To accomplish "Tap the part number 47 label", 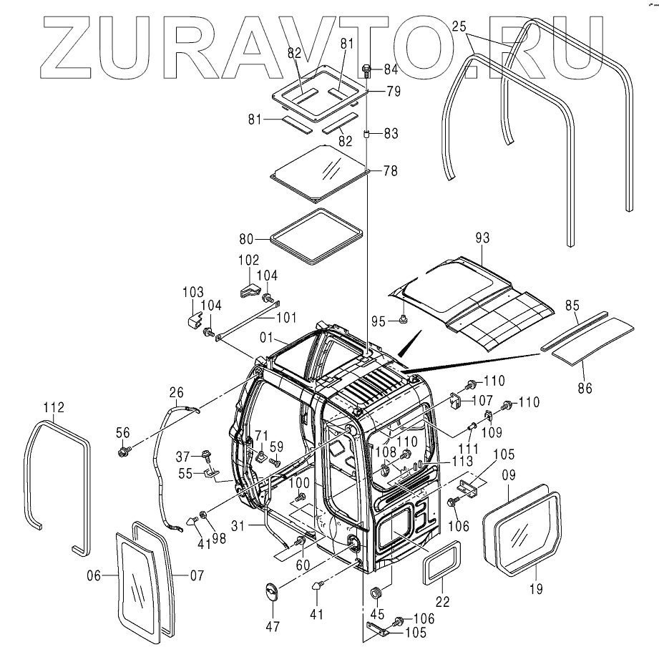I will pos(273,627).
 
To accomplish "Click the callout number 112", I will pos(53,408).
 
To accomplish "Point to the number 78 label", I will pos(391,171).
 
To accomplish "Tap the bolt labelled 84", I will pos(367,70).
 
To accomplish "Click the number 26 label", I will pos(177,391).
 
